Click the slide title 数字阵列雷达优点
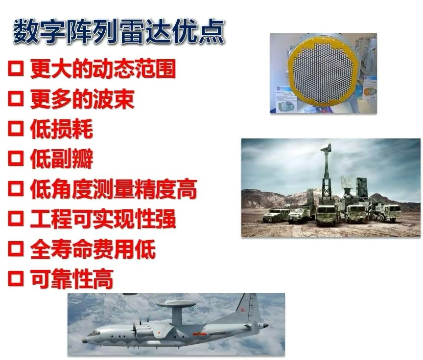[x=118, y=32]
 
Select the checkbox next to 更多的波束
[x=16, y=99]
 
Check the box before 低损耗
[x=16, y=129]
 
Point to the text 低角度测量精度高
[x=113, y=189]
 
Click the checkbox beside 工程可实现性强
[x=16, y=219]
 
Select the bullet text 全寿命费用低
[x=93, y=249]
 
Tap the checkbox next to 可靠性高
[x=16, y=279]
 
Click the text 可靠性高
[x=71, y=279]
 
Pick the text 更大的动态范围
[x=103, y=68]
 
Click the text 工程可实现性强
[x=103, y=220]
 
